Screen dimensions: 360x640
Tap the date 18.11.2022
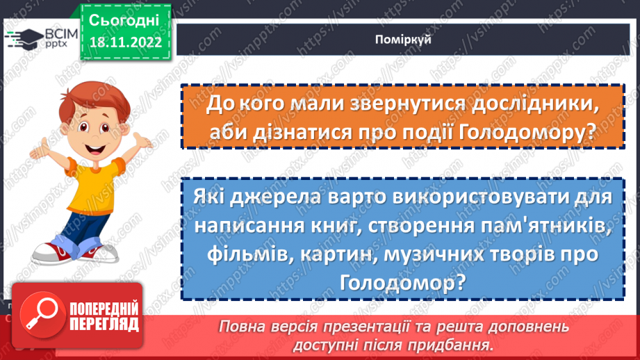pos(124,42)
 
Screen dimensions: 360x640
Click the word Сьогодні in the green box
pos(124,19)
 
